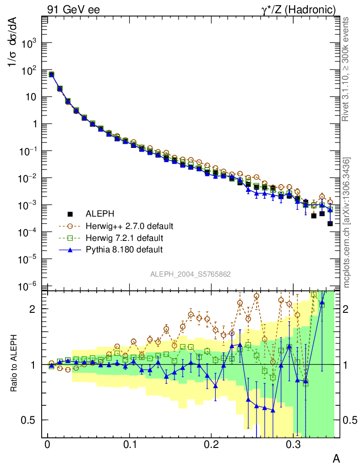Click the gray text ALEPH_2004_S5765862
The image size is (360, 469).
coord(190,274)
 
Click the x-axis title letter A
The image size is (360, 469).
coord(336,459)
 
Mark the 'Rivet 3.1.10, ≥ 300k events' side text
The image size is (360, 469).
coord(346,69)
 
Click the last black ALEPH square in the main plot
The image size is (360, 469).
coord(330,224)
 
